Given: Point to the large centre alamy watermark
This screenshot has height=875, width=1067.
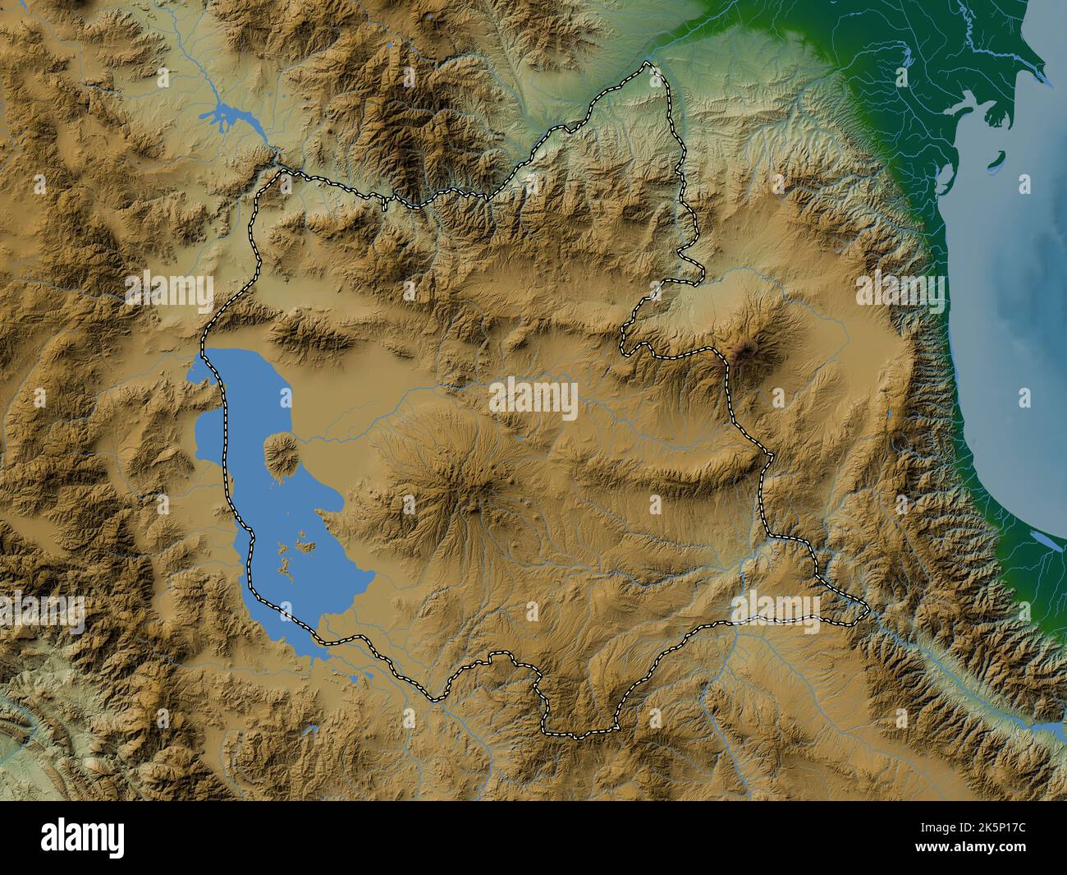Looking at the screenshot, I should coord(533,399).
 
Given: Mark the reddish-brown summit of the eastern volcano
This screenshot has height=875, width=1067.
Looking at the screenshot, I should coord(745,351).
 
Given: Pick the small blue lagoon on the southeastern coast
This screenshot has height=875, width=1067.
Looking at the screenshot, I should coord(1042,541).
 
